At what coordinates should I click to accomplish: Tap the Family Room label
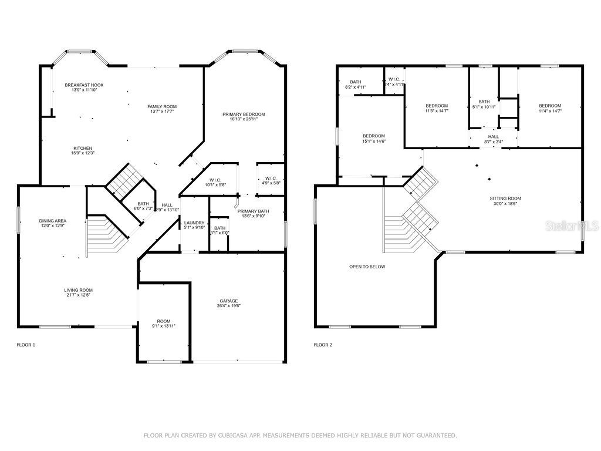click(161, 106)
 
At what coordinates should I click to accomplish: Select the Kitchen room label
click(83, 148)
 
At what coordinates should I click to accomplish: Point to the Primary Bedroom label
click(244, 114)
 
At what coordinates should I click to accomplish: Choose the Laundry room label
click(194, 223)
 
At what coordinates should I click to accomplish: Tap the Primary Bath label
click(254, 211)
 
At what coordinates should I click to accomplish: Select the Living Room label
click(79, 290)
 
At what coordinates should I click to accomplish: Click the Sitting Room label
click(505, 198)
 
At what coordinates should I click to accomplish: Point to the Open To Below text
click(367, 267)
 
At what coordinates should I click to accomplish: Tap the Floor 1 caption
click(26, 345)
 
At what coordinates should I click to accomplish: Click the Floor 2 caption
click(323, 345)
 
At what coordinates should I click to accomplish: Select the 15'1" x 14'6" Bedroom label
click(373, 136)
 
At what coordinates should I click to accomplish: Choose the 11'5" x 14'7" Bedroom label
click(436, 106)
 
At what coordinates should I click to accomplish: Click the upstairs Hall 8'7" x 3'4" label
click(493, 137)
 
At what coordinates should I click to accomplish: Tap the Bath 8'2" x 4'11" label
click(356, 82)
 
